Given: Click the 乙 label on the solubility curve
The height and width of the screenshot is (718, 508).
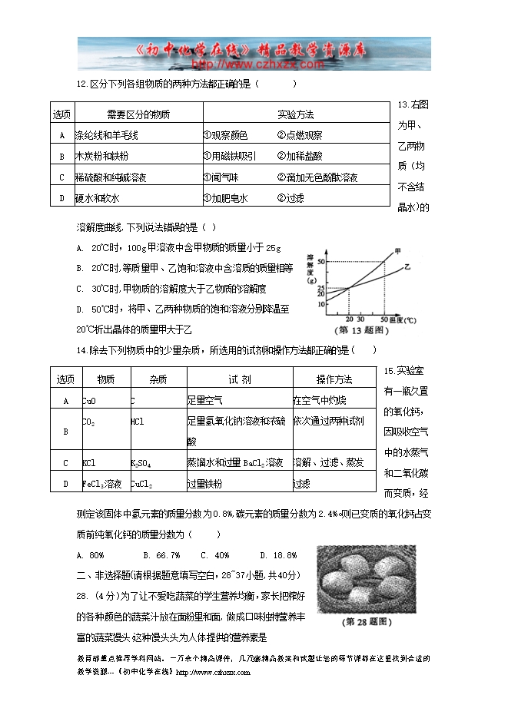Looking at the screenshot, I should (x=407, y=266).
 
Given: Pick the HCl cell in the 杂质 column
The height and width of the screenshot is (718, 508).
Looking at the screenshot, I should (x=138, y=422).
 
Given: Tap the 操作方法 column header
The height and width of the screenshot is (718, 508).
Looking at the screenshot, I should (x=334, y=379).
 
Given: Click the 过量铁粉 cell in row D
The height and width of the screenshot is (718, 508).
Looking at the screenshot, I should (x=204, y=484).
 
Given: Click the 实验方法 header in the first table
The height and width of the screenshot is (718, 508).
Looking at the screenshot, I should (x=296, y=115).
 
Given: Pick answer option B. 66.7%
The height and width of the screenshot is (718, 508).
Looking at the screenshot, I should (x=161, y=555).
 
